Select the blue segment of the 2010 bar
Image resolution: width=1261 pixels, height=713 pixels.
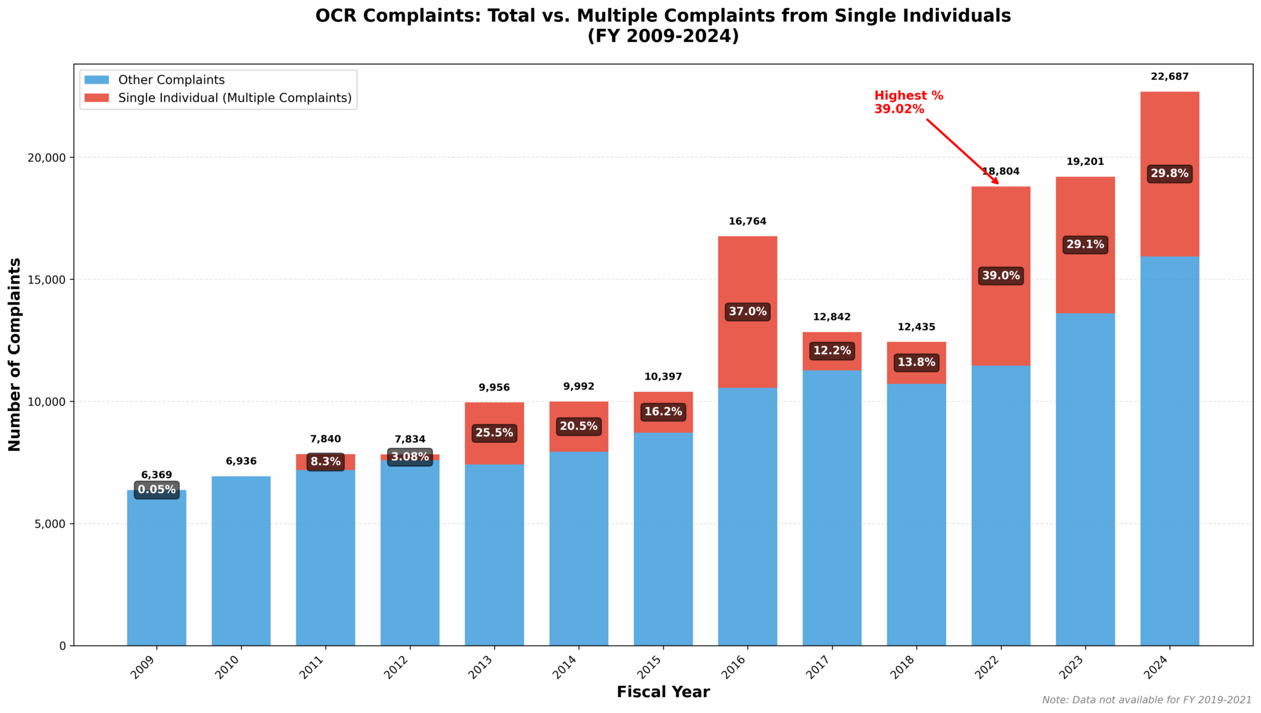241,560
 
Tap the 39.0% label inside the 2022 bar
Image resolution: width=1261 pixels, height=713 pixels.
1001,276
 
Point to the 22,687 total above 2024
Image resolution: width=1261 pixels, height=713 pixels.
1169,77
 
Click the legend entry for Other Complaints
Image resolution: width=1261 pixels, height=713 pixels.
171,80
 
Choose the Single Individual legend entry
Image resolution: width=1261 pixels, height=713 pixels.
235,98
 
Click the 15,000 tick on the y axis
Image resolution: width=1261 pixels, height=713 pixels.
48,279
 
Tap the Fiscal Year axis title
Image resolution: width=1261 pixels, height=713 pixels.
663,692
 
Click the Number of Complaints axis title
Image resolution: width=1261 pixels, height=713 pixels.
15,354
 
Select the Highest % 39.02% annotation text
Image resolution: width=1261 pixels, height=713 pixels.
908,102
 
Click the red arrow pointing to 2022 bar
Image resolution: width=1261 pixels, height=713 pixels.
962,151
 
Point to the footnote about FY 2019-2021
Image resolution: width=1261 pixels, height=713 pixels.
1146,700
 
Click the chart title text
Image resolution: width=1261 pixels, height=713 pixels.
663,25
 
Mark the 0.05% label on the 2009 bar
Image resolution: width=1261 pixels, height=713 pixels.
156,490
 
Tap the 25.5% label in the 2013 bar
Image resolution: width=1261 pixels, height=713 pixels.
494,433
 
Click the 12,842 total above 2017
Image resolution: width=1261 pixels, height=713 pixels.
832,317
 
